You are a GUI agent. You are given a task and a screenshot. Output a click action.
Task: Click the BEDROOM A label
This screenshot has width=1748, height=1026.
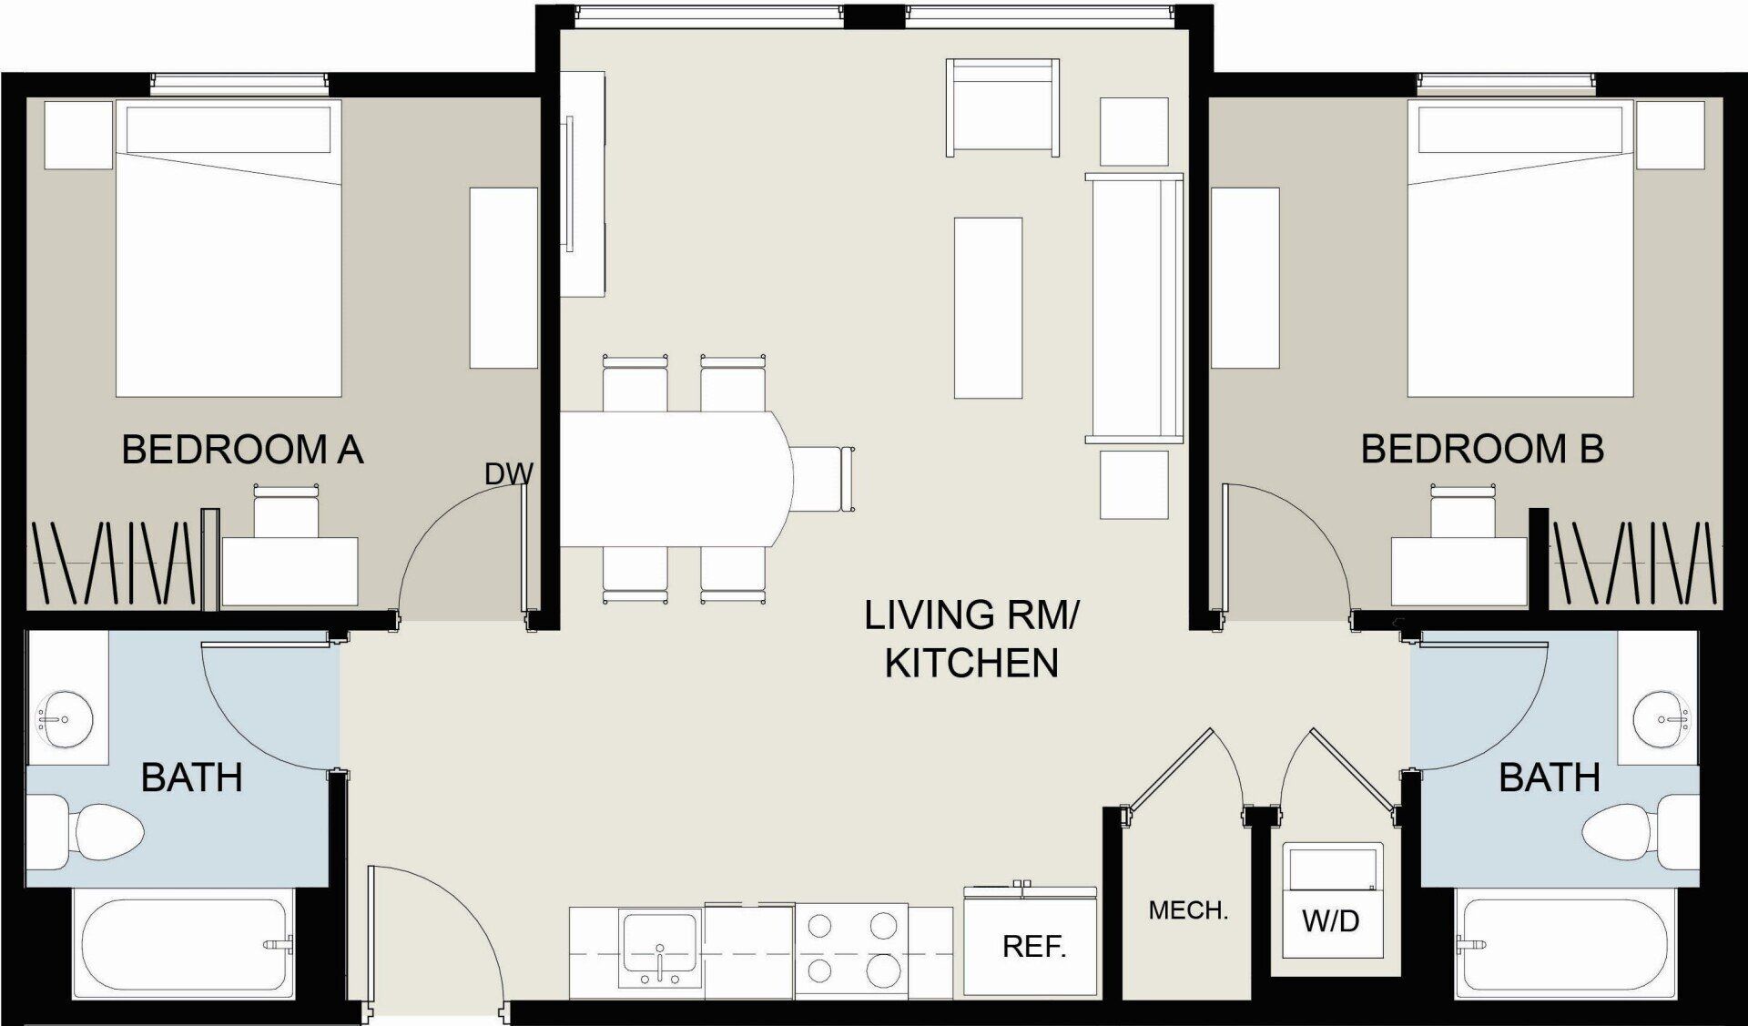point(242,450)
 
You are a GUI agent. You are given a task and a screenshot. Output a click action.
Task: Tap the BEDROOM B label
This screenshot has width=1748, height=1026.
point(1481,450)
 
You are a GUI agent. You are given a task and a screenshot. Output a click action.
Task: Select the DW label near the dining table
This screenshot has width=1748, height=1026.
point(508,474)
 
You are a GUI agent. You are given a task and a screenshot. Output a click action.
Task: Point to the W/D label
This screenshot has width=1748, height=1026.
point(1330,921)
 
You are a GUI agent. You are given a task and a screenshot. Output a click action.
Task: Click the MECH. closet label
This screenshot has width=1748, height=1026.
point(1188,910)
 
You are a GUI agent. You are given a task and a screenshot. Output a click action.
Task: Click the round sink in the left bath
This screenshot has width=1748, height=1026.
point(64,720)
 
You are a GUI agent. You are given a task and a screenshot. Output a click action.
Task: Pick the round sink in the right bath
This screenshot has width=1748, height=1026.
point(1662,719)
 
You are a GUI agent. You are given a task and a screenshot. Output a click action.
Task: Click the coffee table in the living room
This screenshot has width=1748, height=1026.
point(988,308)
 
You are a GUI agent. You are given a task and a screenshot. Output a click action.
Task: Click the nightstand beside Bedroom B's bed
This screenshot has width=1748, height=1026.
point(1670,135)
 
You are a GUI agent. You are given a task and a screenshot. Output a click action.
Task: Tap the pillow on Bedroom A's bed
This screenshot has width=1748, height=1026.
point(228,130)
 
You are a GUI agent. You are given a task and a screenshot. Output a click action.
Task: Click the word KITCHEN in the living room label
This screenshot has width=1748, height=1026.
point(971,663)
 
